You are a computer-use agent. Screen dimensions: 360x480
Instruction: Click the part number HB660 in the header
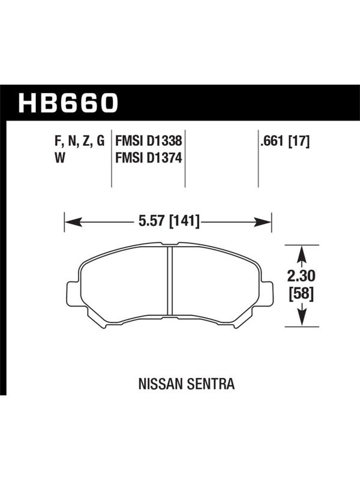coord(68,103)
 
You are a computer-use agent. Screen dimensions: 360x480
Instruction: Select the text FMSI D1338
coord(148,141)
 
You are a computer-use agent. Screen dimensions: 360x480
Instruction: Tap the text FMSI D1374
coord(148,158)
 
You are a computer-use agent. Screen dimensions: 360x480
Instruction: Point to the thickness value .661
coord(272,141)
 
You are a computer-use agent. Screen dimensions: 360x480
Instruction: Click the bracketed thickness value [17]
coord(299,141)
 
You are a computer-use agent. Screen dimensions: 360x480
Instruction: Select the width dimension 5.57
coord(151,221)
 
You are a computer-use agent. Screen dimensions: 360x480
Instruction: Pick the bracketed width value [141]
coord(184,221)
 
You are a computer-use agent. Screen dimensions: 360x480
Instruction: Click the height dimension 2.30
coord(301,277)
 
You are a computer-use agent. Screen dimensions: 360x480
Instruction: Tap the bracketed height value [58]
coord(302,295)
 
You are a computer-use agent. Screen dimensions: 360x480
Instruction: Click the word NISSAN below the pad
coord(161,384)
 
